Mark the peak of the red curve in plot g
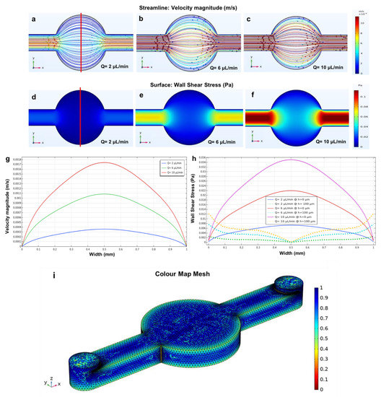[104, 162]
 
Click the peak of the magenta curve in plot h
[291, 160]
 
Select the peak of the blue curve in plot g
[104, 229]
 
